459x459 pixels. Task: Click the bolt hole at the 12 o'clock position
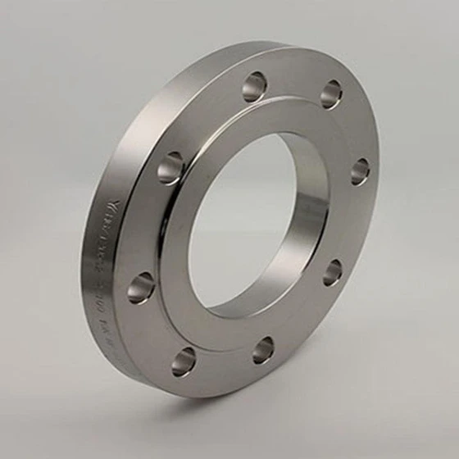pos(254,86)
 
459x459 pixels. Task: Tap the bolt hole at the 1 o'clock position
pos(331,93)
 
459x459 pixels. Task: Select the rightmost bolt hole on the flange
pos(361,170)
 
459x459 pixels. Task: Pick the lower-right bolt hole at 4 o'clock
pos(332,272)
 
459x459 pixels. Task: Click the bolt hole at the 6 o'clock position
pos(263,350)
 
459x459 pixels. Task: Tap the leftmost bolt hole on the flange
pos(141,288)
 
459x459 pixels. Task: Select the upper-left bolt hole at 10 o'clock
pos(170,167)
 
